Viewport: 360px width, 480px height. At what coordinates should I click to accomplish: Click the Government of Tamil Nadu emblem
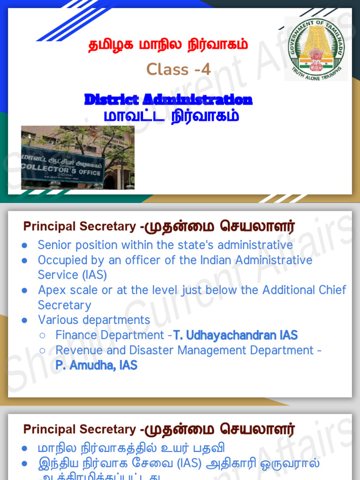[x=315, y=48]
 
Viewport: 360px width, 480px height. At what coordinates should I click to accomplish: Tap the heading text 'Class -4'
[x=178, y=69]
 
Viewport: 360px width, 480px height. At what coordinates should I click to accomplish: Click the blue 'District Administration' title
[x=168, y=99]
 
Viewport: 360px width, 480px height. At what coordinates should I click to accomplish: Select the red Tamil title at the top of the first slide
[x=168, y=45]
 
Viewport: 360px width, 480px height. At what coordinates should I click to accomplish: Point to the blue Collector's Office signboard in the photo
[x=62, y=167]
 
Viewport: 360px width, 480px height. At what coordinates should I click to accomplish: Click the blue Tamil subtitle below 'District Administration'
[x=171, y=115]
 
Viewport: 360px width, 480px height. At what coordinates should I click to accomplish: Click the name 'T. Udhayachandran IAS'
[x=235, y=335]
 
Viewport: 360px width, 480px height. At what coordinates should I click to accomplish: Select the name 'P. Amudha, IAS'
[x=96, y=366]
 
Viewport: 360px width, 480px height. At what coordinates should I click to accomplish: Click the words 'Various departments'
[x=94, y=320]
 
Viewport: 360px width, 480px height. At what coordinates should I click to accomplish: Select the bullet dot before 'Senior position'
[x=24, y=246]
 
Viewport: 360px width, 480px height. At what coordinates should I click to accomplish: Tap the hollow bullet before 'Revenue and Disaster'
[x=42, y=351]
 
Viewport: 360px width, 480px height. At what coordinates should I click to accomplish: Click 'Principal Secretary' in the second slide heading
[x=79, y=226]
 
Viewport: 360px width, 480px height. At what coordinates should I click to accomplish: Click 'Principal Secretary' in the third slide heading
[x=79, y=429]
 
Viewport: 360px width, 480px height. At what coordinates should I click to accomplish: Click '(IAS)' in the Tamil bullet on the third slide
[x=190, y=464]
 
